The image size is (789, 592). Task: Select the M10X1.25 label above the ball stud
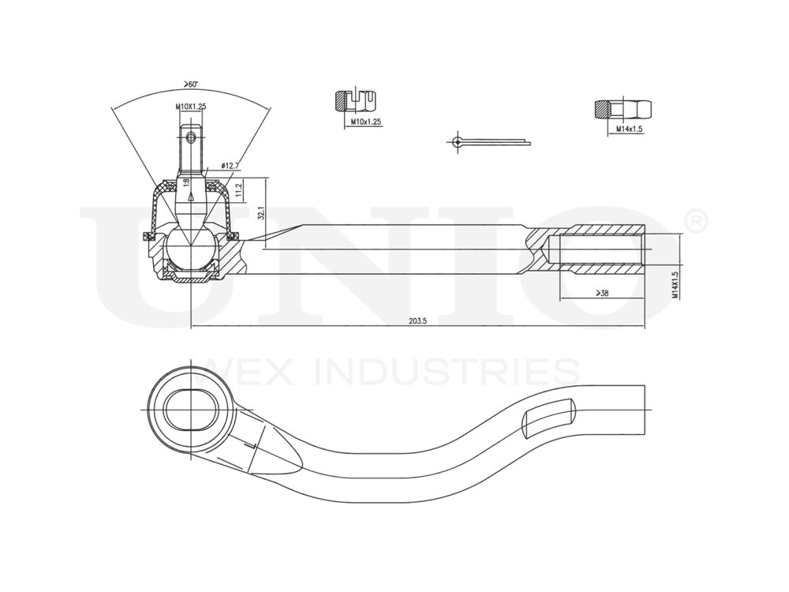tap(190, 106)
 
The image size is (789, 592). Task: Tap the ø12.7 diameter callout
tap(229, 166)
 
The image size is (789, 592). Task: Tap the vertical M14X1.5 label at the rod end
tap(675, 286)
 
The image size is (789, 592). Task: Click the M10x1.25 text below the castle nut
tap(365, 122)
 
